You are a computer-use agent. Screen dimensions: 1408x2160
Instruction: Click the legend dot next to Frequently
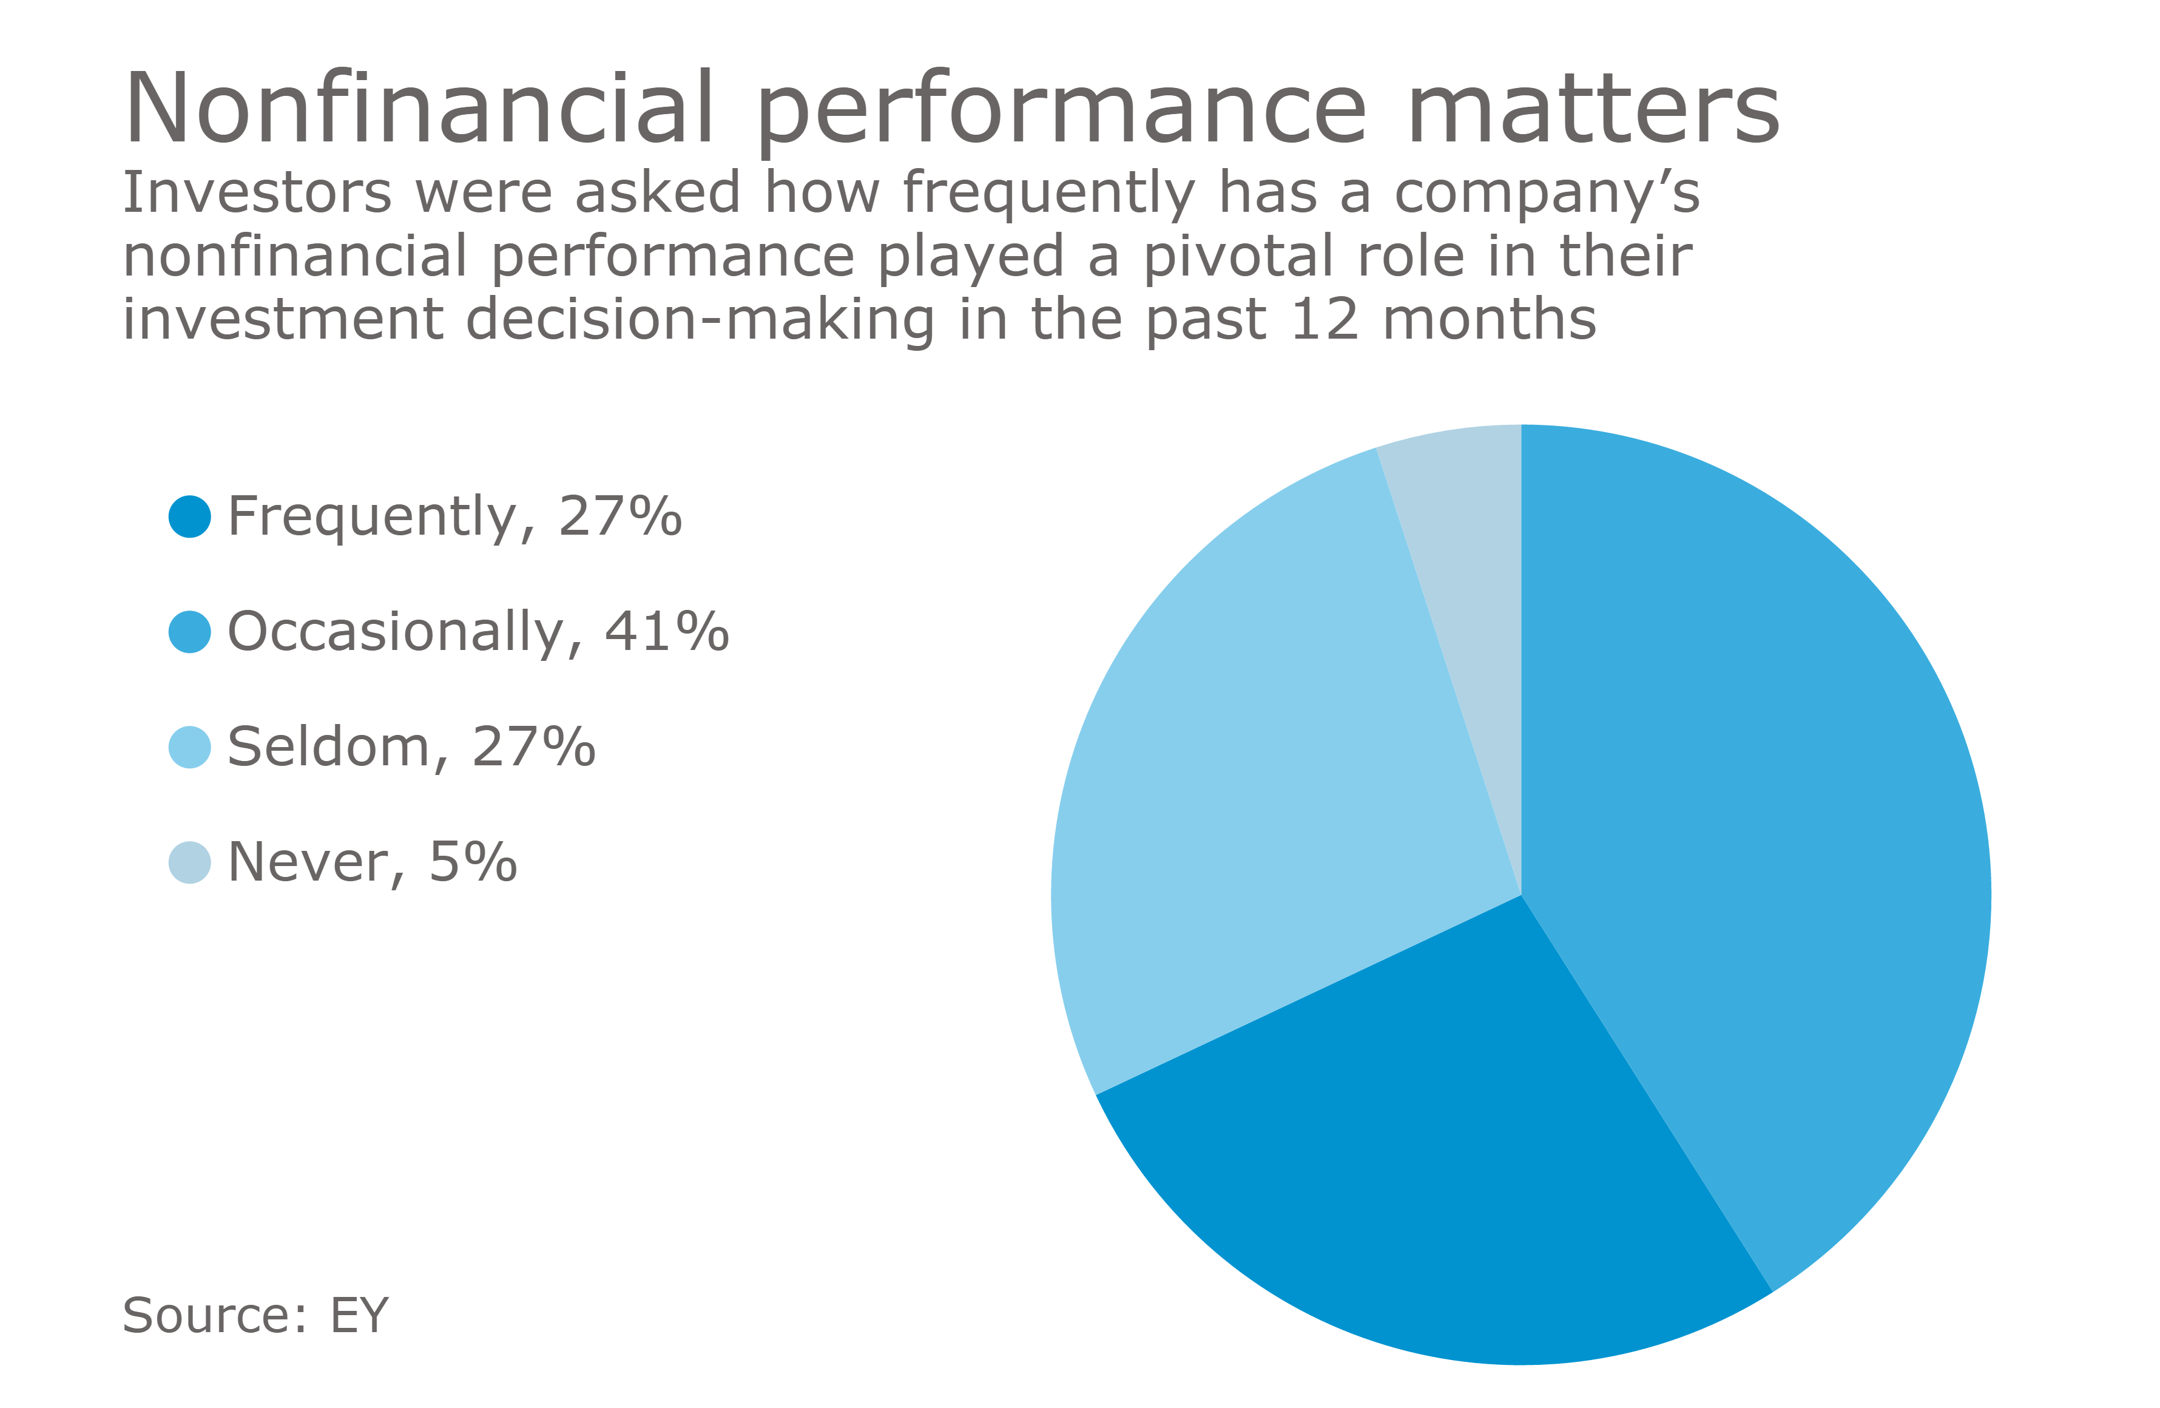point(190,516)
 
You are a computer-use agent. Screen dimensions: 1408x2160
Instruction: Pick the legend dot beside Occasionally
point(190,632)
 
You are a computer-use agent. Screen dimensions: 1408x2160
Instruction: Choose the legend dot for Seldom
point(190,747)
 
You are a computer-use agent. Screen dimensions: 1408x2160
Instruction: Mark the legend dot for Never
point(190,862)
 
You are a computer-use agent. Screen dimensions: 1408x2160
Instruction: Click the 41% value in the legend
point(667,632)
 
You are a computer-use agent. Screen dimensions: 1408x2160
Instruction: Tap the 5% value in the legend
point(473,862)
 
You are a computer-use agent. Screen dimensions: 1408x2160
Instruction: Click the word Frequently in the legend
point(372,516)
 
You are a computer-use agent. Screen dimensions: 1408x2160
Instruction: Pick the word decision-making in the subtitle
point(700,320)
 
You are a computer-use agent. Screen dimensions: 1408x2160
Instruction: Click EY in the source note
point(359,1315)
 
